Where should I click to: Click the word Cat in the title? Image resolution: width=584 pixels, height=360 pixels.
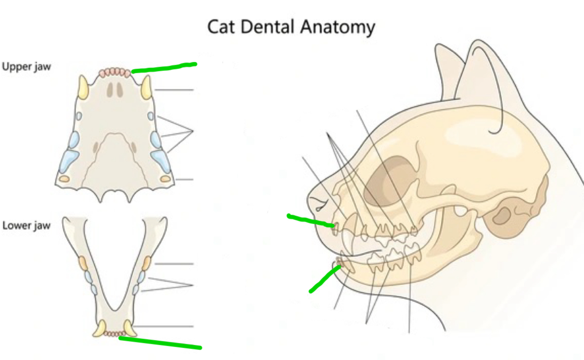(x=220, y=27)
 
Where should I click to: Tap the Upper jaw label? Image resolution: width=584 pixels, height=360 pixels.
(x=26, y=67)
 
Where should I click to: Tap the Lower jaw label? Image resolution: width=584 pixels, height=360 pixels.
(x=26, y=225)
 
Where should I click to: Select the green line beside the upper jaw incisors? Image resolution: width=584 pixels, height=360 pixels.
(x=164, y=67)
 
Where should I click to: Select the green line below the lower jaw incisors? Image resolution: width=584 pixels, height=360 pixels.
(x=160, y=342)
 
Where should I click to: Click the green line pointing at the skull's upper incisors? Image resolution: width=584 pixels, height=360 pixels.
(x=310, y=220)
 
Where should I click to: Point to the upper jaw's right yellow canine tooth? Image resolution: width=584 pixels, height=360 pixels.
(x=146, y=87)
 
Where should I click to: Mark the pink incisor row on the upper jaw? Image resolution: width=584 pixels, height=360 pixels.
(x=115, y=72)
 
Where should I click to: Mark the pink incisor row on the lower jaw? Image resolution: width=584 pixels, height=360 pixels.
(x=115, y=333)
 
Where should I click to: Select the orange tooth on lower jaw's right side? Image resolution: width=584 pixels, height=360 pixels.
(x=146, y=262)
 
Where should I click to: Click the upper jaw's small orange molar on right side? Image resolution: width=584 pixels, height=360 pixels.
(x=165, y=179)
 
